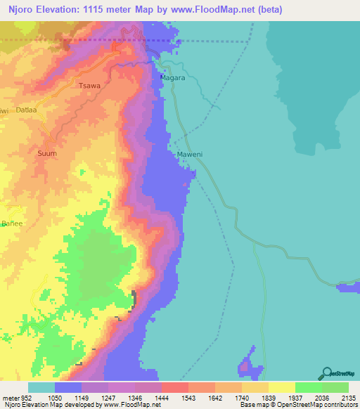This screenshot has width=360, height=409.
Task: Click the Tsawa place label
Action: point(89,86)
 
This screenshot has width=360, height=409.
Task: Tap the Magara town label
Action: point(172,78)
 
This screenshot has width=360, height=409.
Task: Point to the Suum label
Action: point(46,152)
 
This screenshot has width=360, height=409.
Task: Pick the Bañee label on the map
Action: point(11,223)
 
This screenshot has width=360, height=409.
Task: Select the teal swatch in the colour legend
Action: point(41,387)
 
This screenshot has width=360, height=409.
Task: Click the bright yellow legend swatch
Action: point(281,387)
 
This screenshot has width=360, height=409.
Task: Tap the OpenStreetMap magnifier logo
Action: point(325,372)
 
